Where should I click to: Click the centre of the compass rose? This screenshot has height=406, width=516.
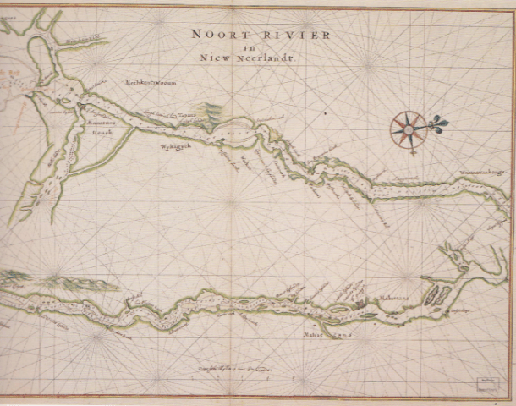pyautogui.click(x=409, y=129)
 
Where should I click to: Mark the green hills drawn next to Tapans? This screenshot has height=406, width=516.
pyautogui.click(x=212, y=111)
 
